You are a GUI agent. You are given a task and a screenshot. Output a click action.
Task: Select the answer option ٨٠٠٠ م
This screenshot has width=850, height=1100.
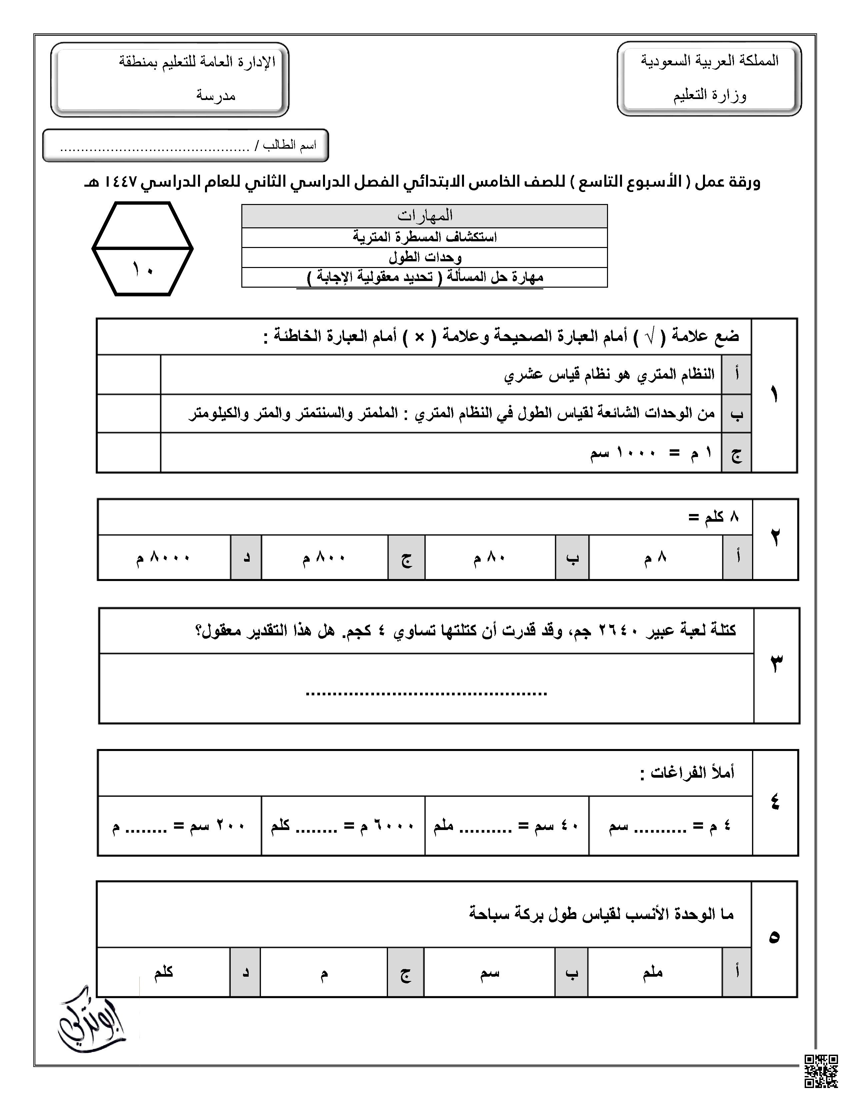pos(164,558)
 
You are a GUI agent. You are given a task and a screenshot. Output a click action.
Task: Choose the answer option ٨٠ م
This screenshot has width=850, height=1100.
pos(489,558)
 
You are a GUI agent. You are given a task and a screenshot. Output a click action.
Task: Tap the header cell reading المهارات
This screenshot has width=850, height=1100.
pos(424,216)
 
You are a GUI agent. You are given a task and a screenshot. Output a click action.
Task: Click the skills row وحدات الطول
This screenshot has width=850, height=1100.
pos(424,257)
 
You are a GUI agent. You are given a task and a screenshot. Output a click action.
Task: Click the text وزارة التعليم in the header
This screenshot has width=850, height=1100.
pos(710,95)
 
